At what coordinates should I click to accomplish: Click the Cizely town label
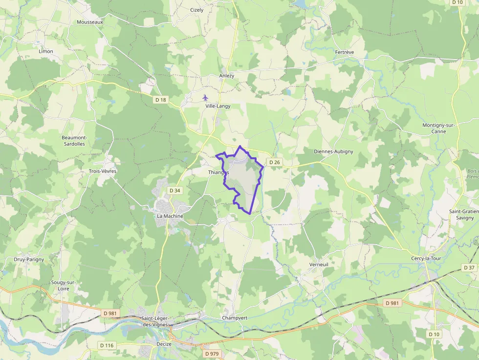pyautogui.click(x=196, y=10)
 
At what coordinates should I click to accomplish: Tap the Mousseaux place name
pyautogui.click(x=90, y=22)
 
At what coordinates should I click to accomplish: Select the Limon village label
pyautogui.click(x=46, y=51)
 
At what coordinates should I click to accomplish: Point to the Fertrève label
pyautogui.click(x=345, y=52)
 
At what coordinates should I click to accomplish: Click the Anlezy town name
pyautogui.click(x=227, y=76)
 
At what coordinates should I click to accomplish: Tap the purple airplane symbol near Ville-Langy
pyautogui.click(x=205, y=97)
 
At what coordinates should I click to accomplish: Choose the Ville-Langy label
pyautogui.click(x=218, y=106)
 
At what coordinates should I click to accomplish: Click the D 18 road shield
pyautogui.click(x=160, y=100)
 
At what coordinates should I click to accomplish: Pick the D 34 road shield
pyautogui.click(x=174, y=190)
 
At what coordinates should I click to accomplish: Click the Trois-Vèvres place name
pyautogui.click(x=102, y=171)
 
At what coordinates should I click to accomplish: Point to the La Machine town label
pyautogui.click(x=170, y=216)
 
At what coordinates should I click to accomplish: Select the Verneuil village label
pyautogui.click(x=319, y=264)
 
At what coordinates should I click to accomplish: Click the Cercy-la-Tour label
pyautogui.click(x=426, y=258)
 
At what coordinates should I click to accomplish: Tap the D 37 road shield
pyautogui.click(x=469, y=268)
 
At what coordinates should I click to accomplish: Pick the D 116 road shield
pyautogui.click(x=107, y=345)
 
